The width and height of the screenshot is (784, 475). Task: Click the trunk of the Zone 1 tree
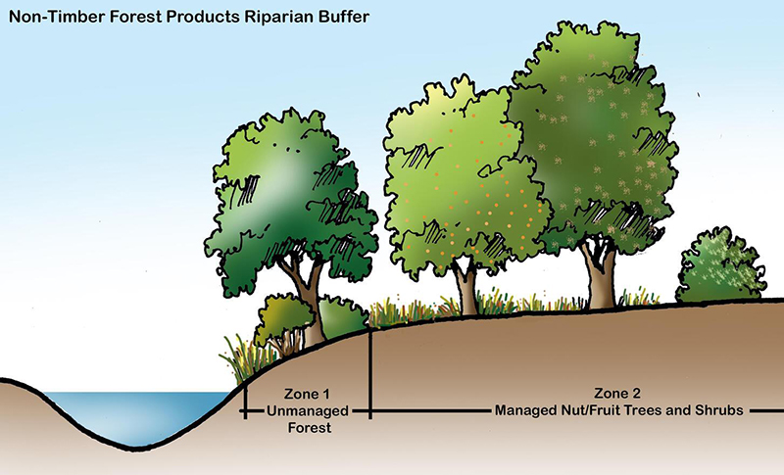pos(312,313)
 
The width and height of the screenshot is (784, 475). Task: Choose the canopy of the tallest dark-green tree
pos(588,137)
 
